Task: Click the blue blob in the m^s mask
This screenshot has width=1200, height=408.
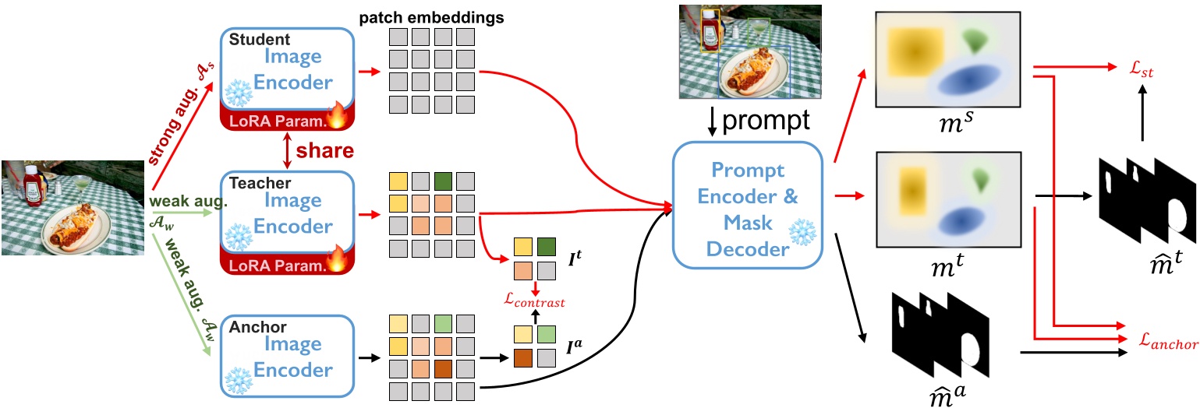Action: click(x=968, y=79)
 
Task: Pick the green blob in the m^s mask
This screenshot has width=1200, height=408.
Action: click(x=975, y=38)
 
